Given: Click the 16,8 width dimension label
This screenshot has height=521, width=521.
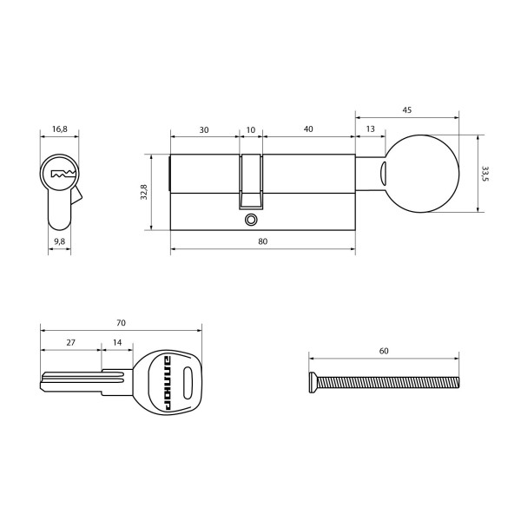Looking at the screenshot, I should tap(59, 129).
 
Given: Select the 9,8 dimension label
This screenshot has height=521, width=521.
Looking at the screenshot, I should tap(59, 241).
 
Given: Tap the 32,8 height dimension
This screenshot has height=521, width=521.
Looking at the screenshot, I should tap(144, 192).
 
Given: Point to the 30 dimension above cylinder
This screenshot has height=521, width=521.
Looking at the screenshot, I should tap(203, 129).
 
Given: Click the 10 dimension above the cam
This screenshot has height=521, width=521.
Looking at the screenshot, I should tap(251, 129).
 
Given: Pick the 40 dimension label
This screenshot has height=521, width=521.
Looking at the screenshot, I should tap(308, 129).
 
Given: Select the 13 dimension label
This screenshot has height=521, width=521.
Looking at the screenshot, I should tap(371, 129).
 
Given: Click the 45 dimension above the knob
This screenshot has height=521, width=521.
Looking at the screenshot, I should tap(406, 109).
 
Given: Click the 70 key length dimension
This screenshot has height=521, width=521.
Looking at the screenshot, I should tap(121, 323).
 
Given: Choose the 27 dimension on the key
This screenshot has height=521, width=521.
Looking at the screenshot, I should tap(70, 343).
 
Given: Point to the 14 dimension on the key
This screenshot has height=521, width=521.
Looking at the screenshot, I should tap(117, 343).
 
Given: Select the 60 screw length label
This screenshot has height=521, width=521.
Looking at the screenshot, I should tap(383, 352).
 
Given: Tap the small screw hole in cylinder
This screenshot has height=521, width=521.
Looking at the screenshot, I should tap(252, 219).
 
